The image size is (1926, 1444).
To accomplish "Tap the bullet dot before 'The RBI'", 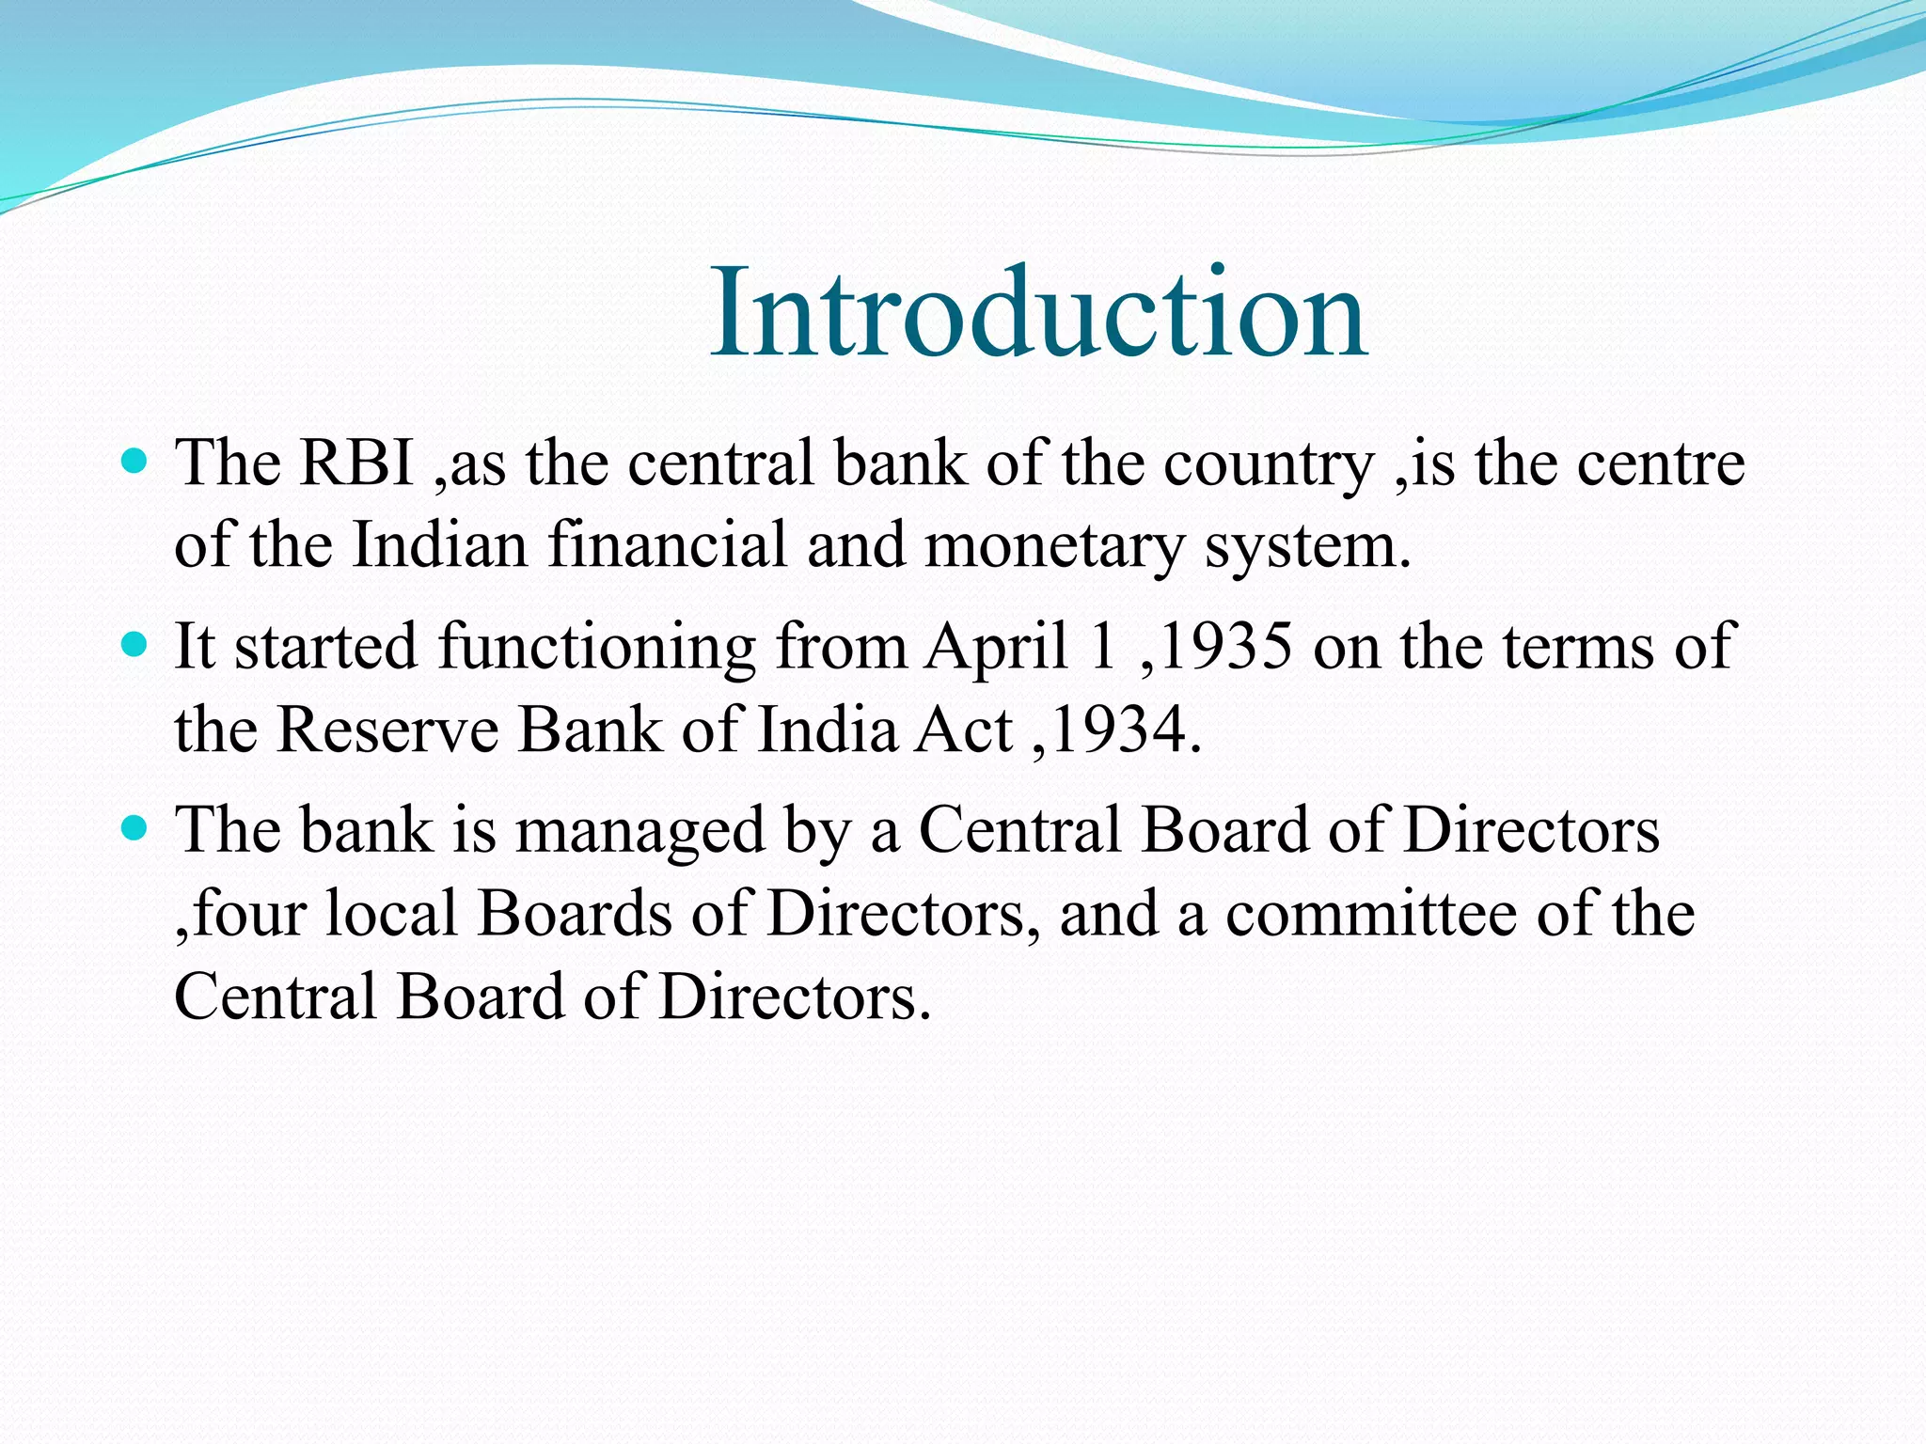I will tap(135, 461).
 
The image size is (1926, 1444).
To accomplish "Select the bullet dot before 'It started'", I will tap(135, 645).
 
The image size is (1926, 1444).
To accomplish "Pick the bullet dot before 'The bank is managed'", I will tap(135, 828).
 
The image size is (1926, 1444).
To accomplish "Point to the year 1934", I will tap(1118, 730).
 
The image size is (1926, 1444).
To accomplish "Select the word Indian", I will tap(439, 545).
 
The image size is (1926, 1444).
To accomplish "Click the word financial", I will tap(667, 545).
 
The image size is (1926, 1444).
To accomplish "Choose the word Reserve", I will tap(387, 730).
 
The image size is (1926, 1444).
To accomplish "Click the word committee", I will tap(1370, 915).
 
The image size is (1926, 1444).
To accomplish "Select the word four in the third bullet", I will tap(248, 915).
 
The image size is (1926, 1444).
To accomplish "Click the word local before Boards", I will tap(391, 915).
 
